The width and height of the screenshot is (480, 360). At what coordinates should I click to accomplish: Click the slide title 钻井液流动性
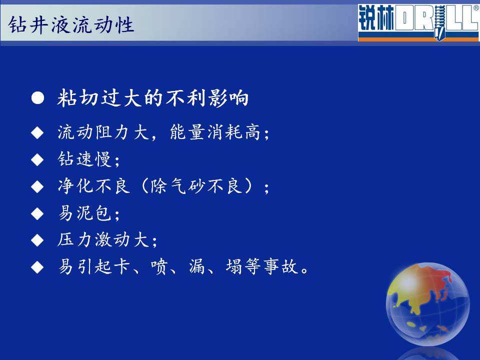click(71, 25)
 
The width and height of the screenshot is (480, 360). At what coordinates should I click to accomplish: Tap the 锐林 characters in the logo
click(376, 18)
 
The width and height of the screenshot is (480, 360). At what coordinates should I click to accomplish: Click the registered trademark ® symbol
click(476, 8)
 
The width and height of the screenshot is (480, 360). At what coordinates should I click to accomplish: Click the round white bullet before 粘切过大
click(37, 98)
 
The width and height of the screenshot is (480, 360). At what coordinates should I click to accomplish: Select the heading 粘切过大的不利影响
click(153, 98)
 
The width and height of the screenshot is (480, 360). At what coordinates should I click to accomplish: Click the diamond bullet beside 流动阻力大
click(37, 133)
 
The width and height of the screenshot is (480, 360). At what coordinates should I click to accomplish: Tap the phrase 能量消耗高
click(215, 132)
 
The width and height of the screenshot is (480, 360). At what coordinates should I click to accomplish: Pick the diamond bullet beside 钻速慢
click(37, 160)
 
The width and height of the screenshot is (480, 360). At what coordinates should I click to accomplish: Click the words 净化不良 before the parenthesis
click(93, 186)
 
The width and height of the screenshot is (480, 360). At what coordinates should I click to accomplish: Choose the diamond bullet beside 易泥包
click(37, 213)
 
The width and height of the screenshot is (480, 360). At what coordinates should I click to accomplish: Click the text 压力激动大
click(103, 239)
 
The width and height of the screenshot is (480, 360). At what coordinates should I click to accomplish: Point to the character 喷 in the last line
click(159, 266)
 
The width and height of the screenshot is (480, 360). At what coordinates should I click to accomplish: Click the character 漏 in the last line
click(197, 266)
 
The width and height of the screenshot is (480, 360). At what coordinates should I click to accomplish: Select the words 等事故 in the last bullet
click(270, 266)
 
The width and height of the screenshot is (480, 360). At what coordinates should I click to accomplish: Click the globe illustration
click(427, 304)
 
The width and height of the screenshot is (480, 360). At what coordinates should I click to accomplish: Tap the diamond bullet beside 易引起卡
click(37, 267)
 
